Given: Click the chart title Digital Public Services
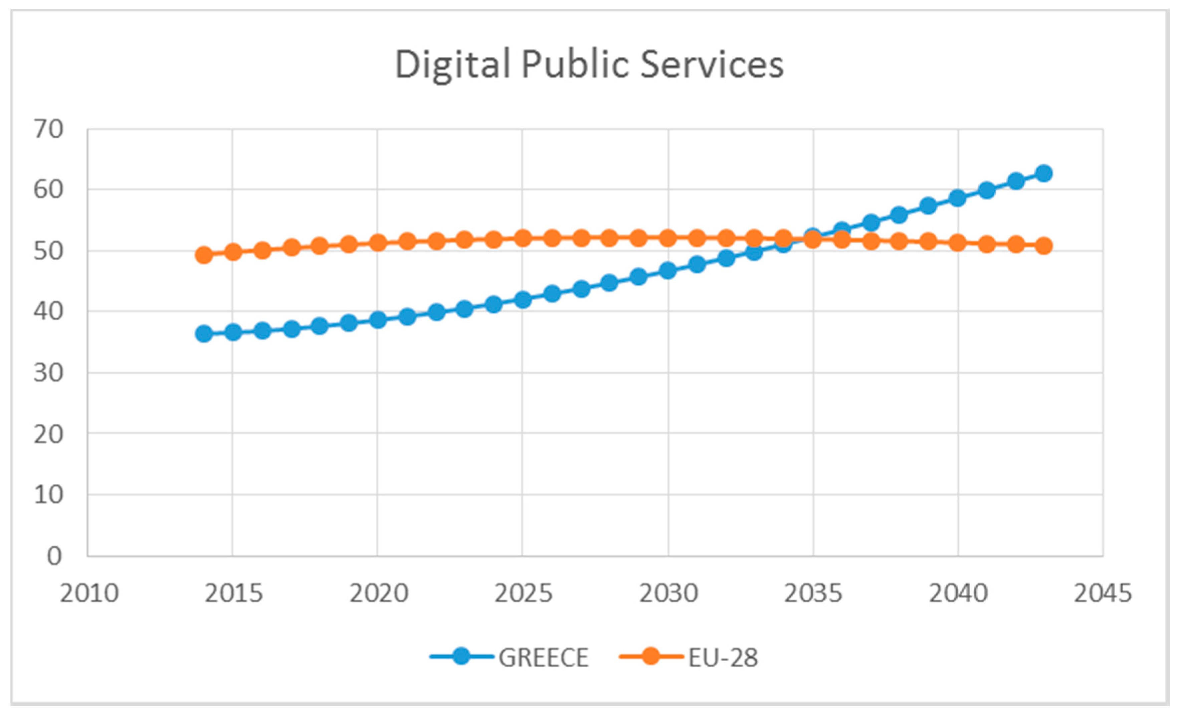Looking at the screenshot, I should [x=589, y=64].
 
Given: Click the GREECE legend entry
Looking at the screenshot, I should [x=543, y=657].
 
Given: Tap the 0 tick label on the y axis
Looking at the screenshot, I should [x=54, y=556].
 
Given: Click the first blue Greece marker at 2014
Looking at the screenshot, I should [x=204, y=333].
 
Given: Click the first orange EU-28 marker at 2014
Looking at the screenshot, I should [x=204, y=255].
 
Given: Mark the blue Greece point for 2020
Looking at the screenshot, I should [x=378, y=319].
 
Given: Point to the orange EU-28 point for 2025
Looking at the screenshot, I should [x=523, y=238].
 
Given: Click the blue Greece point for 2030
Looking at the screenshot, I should [x=668, y=270].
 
